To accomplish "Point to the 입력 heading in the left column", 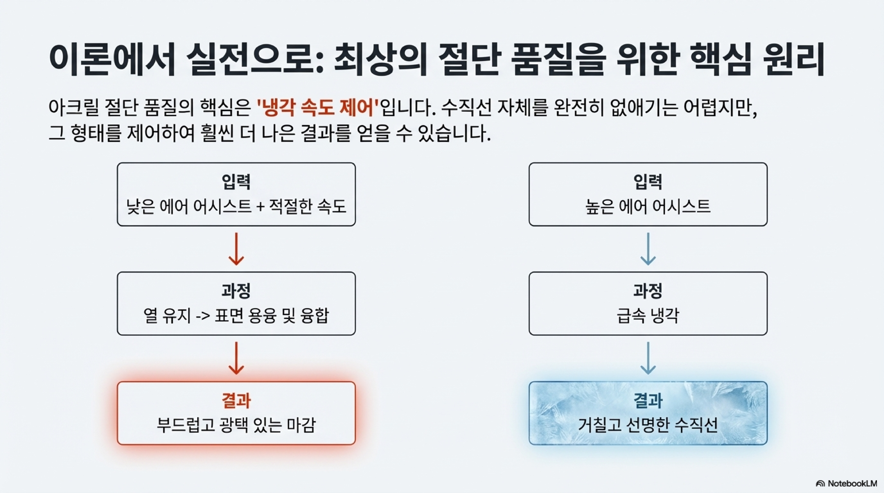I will [x=236, y=182].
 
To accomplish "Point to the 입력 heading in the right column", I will [x=648, y=182].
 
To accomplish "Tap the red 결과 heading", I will [x=236, y=400].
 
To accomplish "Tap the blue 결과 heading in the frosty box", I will [x=648, y=400].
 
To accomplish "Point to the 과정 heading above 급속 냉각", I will [x=648, y=291].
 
